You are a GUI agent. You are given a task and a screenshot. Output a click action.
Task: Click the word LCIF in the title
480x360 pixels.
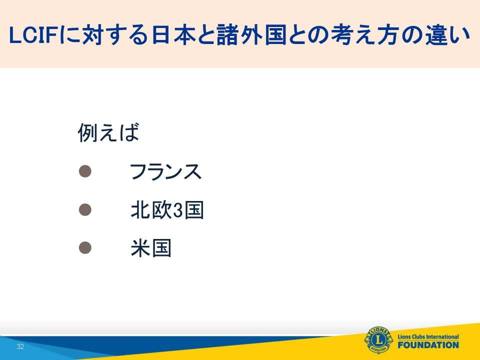[34, 34]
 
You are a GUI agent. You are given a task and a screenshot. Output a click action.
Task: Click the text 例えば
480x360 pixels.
[108, 132]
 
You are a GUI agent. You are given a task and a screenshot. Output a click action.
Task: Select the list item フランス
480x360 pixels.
[165, 171]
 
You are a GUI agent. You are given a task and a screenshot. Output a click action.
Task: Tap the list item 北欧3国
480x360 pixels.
[167, 210]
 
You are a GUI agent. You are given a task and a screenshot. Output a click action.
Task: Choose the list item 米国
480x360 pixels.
[151, 248]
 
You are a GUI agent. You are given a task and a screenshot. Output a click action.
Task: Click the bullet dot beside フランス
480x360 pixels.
[85, 171]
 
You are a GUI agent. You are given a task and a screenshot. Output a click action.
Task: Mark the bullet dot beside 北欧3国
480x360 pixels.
[85, 209]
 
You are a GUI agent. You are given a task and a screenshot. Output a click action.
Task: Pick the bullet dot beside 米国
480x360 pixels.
[85, 247]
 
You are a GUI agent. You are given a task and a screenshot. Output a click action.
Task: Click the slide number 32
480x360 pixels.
[20, 346]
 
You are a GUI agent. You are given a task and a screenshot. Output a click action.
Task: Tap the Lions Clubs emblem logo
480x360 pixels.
[378, 340]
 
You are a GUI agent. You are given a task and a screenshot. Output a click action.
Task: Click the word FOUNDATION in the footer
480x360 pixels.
[428, 345]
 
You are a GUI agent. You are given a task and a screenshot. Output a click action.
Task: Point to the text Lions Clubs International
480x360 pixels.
[428, 336]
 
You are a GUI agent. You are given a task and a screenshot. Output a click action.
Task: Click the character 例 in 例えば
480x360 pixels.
[88, 132]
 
